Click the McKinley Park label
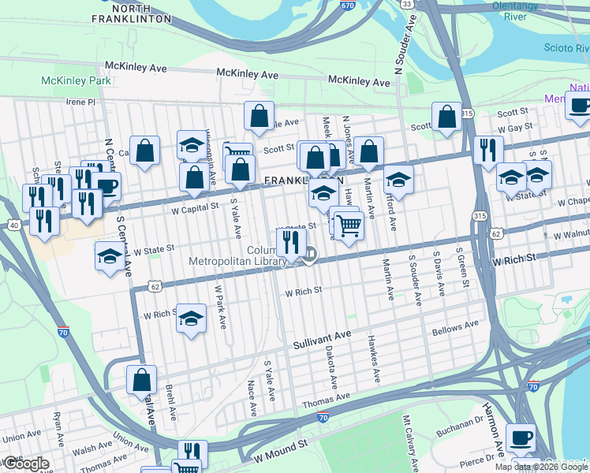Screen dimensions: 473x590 tap(76, 80)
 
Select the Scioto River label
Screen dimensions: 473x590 tap(566, 49)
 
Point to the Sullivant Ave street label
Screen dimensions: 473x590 tap(322, 341)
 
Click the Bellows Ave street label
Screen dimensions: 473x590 tap(456, 327)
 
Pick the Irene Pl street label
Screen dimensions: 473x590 tap(80, 102)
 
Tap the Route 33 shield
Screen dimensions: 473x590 tap(406, 4)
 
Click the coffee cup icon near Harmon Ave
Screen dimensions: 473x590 tap(520, 437)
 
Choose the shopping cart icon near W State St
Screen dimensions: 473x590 tap(348, 225)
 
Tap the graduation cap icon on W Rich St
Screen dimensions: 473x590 tap(189, 318)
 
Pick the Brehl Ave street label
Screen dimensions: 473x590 tap(170, 400)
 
